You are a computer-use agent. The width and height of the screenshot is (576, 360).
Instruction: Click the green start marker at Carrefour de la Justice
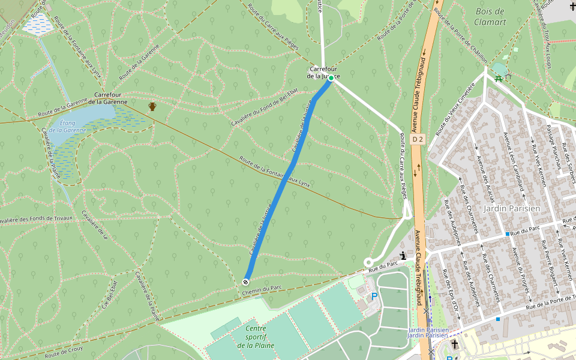click(x=331, y=78)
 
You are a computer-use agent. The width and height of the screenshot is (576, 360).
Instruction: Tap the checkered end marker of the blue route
click(x=246, y=282)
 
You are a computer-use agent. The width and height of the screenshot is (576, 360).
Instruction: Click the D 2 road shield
click(x=418, y=139)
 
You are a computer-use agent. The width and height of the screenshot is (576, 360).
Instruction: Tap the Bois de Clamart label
click(x=490, y=17)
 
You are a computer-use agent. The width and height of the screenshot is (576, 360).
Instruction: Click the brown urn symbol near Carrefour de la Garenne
click(x=152, y=107)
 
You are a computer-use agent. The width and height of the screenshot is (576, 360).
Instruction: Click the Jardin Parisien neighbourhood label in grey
click(x=512, y=208)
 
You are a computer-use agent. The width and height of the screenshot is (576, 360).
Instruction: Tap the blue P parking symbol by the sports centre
click(x=375, y=296)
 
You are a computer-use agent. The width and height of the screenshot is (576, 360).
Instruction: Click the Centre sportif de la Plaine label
click(x=256, y=337)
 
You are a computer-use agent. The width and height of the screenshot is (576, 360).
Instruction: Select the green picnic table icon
click(x=499, y=78)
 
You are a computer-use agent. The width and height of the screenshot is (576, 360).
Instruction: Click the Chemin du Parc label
click(x=262, y=291)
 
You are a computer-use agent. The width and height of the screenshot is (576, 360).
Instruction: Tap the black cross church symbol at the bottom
click(x=455, y=344)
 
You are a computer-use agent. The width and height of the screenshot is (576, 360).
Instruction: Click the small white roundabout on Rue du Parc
click(x=368, y=262)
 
